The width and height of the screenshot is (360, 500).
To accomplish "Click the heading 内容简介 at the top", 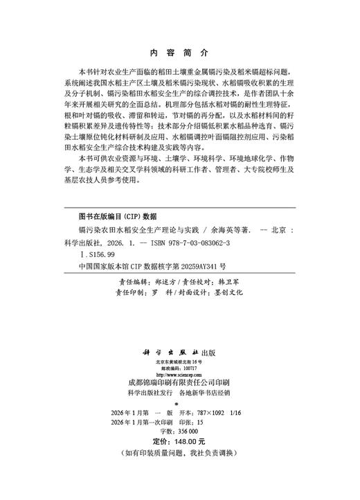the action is click(x=179, y=52).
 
